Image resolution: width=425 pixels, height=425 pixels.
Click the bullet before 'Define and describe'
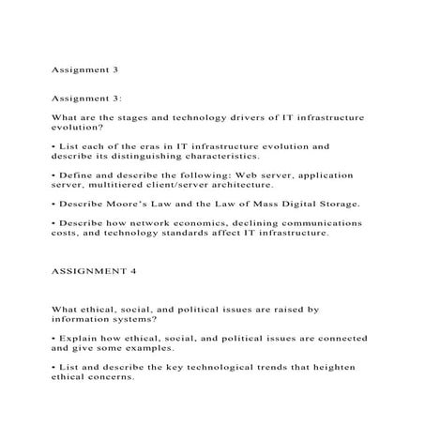(x=54, y=175)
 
